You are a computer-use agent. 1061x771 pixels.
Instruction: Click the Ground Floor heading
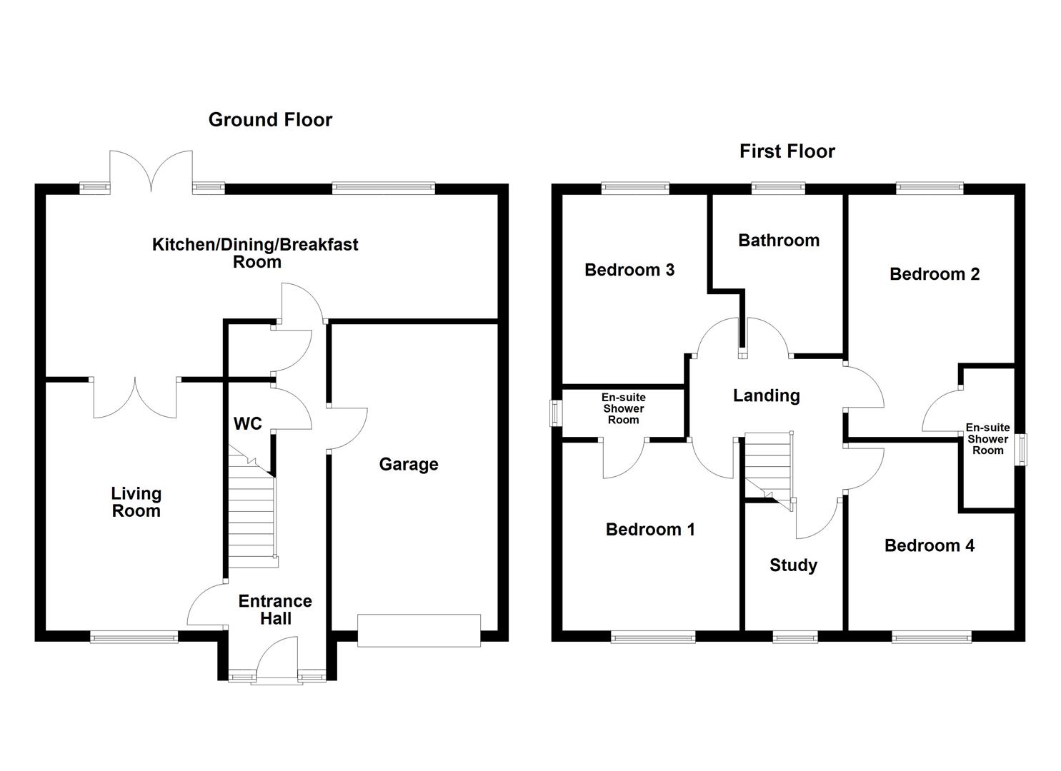270,120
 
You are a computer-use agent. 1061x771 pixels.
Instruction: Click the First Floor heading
787,151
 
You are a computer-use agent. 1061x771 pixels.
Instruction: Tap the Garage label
408,465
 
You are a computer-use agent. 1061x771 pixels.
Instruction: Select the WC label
248,424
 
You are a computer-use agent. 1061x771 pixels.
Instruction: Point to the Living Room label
136,502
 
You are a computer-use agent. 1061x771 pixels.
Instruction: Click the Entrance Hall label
275,610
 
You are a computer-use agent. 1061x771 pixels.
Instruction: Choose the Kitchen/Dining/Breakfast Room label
255,253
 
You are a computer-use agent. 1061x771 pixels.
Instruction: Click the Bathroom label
778,241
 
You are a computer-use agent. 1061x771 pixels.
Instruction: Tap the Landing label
766,395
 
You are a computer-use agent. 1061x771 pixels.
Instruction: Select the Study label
793,565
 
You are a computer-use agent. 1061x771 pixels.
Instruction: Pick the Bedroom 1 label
649,530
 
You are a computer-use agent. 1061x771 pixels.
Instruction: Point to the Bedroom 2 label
934,274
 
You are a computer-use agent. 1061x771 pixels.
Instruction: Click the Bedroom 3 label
629,270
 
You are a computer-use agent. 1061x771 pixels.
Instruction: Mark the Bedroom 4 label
929,546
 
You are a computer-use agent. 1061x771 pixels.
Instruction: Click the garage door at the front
419,630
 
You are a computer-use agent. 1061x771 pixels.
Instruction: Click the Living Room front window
134,637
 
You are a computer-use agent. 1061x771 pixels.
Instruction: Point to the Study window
795,637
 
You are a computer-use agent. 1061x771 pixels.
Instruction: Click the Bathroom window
777,188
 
